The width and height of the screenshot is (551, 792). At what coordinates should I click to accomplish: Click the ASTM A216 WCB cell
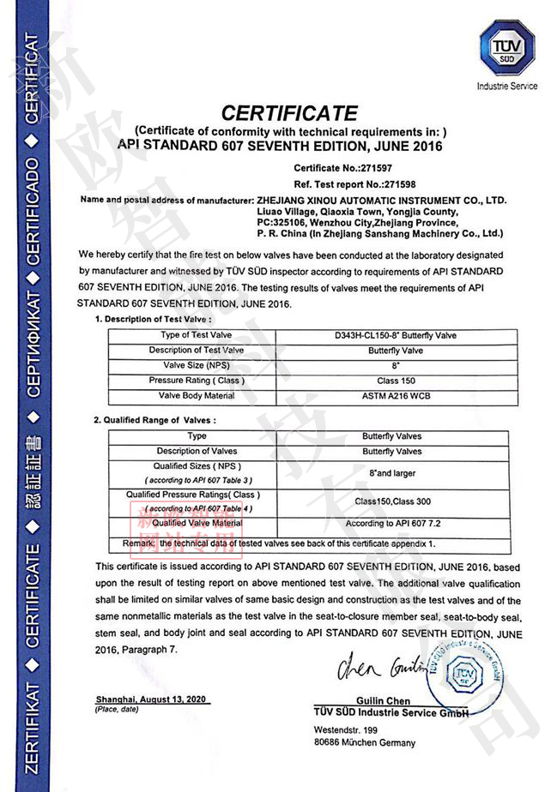point(387,397)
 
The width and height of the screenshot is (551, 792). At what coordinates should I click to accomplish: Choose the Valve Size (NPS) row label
point(197,365)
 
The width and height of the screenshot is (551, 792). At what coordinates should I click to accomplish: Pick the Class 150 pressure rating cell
point(387,381)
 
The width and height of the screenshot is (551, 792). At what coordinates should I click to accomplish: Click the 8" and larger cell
point(387,472)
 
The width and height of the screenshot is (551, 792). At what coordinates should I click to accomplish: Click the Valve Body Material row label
point(197,396)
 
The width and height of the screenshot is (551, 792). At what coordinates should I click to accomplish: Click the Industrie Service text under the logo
point(506,86)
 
